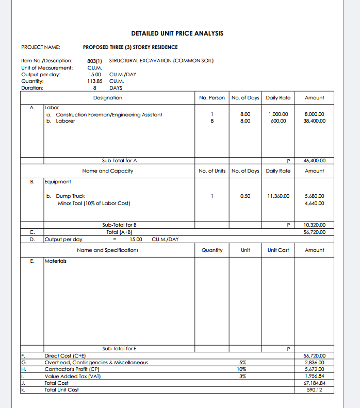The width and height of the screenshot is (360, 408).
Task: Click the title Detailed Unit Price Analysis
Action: pyautogui.click(x=177, y=33)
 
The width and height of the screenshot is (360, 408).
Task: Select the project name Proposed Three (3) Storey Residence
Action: pyautogui.click(x=130, y=47)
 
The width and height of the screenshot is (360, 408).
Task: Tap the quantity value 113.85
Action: pyautogui.click(x=95, y=81)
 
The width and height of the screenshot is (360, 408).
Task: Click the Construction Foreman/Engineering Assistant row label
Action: pyautogui.click(x=109, y=114)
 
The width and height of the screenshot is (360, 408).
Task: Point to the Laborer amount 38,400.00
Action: pyautogui.click(x=315, y=121)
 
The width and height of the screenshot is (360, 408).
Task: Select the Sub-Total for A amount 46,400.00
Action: pyautogui.click(x=315, y=161)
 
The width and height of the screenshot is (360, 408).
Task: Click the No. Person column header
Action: pyautogui.click(x=212, y=98)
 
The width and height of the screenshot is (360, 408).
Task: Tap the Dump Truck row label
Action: pyautogui.click(x=71, y=196)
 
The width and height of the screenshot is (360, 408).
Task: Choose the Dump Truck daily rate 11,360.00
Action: pyautogui.click(x=279, y=196)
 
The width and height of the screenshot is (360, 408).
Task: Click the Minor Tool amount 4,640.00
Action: pyautogui.click(x=315, y=203)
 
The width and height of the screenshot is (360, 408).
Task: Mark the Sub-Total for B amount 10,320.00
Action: pyautogui.click(x=315, y=225)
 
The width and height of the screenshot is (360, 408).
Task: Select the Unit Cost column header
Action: pyautogui.click(x=279, y=250)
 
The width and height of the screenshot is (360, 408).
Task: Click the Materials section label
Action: pyautogui.click(x=56, y=261)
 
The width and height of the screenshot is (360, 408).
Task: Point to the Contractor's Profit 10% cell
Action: pyautogui.click(x=242, y=369)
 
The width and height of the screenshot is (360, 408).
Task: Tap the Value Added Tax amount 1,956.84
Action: pyautogui.click(x=315, y=376)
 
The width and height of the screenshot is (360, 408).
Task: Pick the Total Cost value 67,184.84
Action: pyautogui.click(x=315, y=383)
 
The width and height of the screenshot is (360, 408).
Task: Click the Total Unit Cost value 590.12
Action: pyautogui.click(x=315, y=389)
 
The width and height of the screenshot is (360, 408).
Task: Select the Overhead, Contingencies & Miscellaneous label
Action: pyautogui.click(x=96, y=363)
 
